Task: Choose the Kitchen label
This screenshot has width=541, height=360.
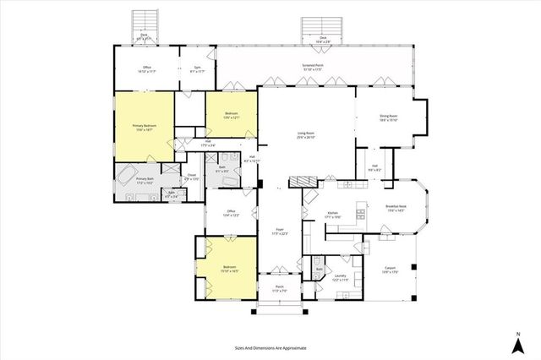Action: click(x=332, y=215)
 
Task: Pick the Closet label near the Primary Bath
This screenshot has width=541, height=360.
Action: click(x=192, y=177)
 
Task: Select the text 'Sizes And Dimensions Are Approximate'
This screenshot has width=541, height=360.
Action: click(x=270, y=347)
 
